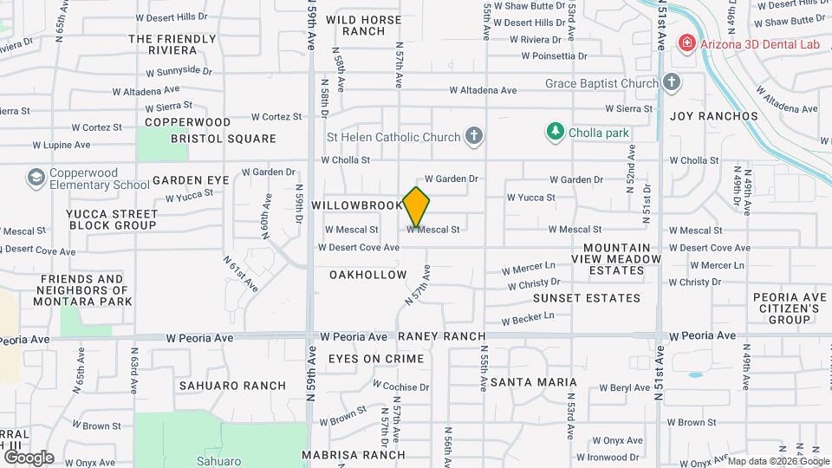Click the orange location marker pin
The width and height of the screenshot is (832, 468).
[417, 206]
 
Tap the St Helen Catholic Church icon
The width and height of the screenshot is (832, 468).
[473, 136]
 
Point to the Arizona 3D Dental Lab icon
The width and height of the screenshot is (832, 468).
[686, 42]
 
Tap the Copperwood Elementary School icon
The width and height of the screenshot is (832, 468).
[36, 179]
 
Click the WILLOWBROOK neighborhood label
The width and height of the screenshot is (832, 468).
[357, 205]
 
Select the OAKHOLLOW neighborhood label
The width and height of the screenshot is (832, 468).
[367, 275]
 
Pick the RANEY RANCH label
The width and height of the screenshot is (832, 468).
[441, 336]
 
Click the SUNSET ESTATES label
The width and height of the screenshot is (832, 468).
[587, 298]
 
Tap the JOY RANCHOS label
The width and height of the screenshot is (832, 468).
[714, 116]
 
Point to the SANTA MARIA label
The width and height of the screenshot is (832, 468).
[533, 382]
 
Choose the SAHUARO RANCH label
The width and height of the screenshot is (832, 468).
[220, 386]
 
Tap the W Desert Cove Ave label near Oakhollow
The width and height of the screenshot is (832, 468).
[358, 248]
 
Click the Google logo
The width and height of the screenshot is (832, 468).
[29, 458]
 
